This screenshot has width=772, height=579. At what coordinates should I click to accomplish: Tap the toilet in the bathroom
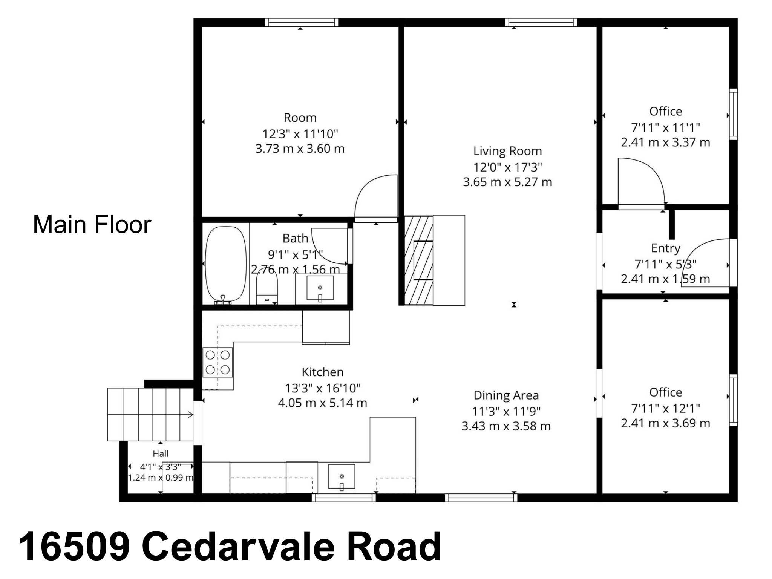click(x=267, y=288)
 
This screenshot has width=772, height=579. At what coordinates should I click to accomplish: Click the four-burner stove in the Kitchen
click(x=218, y=362)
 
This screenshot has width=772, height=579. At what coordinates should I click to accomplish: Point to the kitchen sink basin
click(x=342, y=477)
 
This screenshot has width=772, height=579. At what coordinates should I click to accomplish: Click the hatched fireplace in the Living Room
click(x=418, y=260)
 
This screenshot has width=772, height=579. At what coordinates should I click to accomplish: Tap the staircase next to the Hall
click(x=150, y=415)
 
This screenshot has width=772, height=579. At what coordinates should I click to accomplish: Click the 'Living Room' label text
click(x=507, y=151)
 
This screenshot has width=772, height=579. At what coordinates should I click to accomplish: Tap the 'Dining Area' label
click(x=506, y=395)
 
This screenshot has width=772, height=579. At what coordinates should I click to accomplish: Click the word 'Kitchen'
click(x=323, y=372)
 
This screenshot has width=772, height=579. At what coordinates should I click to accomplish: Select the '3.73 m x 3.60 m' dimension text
click(x=300, y=149)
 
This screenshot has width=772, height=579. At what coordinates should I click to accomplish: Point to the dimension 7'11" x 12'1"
click(x=666, y=408)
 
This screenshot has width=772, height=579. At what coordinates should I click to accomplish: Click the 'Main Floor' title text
click(x=92, y=225)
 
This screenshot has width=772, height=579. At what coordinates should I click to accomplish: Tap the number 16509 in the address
click(x=74, y=546)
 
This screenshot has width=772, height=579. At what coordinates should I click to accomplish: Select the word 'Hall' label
click(x=161, y=453)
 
